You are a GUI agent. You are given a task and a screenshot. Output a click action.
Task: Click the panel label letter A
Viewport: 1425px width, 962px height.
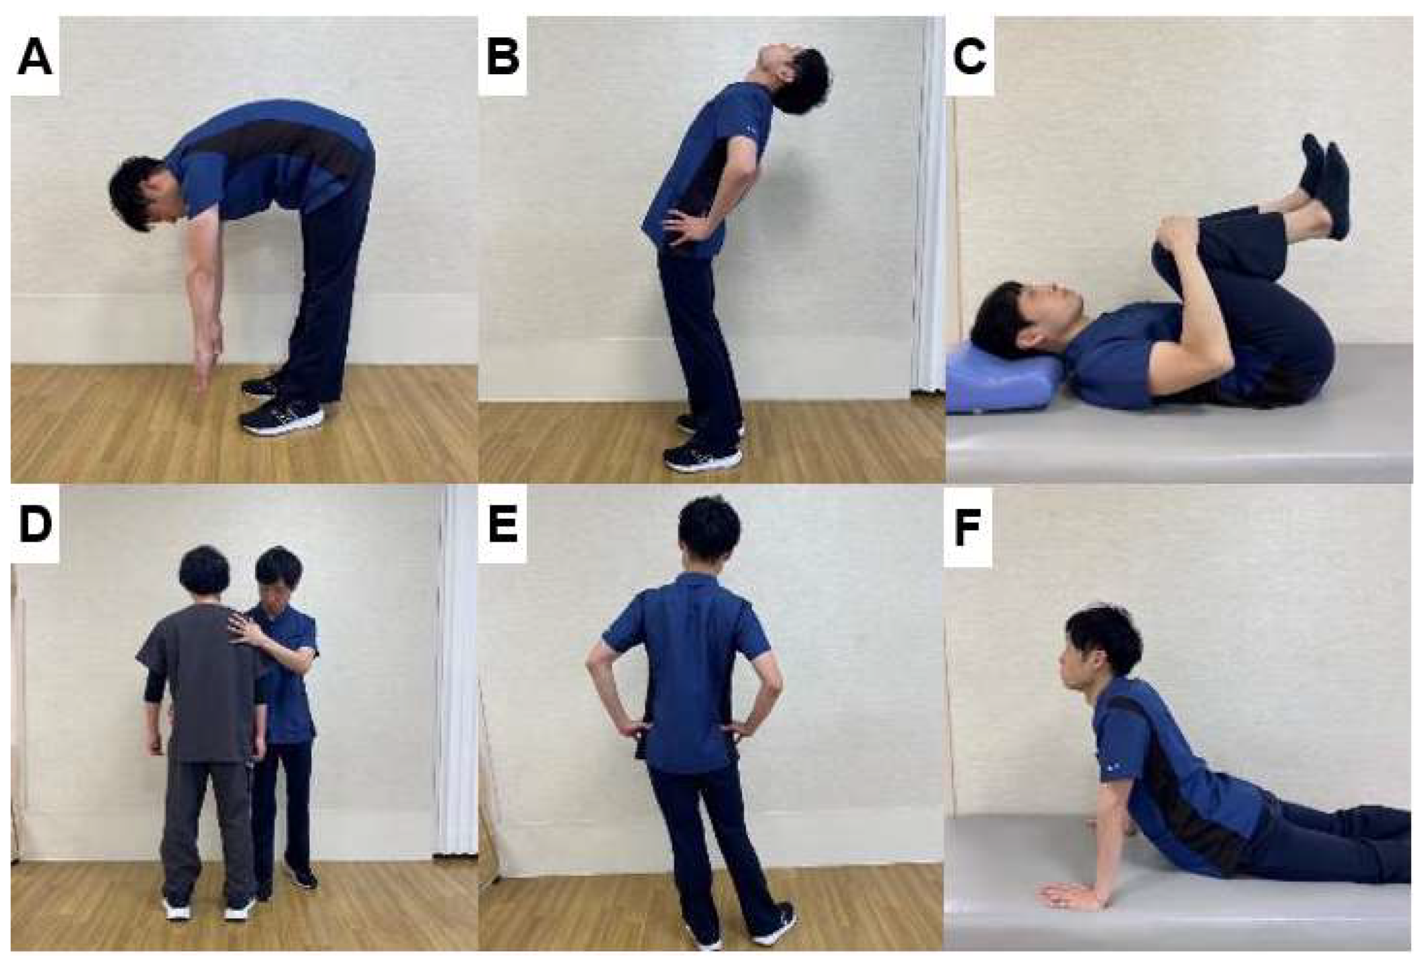pyautogui.click(x=35, y=58)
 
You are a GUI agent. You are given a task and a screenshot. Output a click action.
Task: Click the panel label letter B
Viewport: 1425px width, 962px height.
pyautogui.click(x=503, y=58)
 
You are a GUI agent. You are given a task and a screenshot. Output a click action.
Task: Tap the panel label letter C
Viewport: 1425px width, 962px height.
pyautogui.click(x=970, y=58)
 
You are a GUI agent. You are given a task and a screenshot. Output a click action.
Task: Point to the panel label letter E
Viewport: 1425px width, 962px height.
pyautogui.click(x=502, y=526)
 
